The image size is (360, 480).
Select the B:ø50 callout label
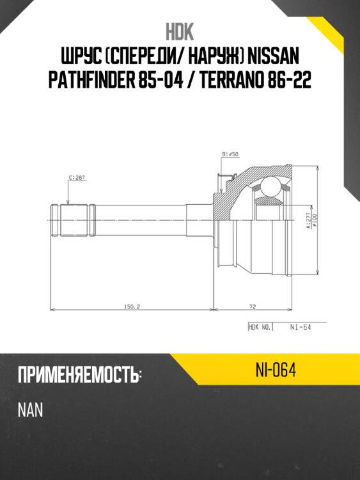tap(230, 154)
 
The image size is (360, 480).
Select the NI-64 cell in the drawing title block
tap(300, 327)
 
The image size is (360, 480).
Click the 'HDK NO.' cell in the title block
tap(260, 327)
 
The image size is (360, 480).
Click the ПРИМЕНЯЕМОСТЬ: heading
tap(79, 375)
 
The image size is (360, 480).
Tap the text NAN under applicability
tap(30, 409)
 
